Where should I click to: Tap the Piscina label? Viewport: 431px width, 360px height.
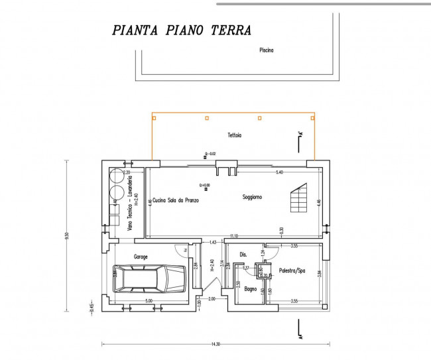267,50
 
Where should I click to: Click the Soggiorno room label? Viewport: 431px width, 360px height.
252,197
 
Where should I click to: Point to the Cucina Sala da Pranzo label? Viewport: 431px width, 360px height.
176,200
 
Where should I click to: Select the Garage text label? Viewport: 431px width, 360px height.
141,257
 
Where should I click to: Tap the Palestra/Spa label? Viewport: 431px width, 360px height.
292,270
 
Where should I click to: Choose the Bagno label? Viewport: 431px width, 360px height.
250,289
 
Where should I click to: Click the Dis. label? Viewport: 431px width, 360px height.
243,254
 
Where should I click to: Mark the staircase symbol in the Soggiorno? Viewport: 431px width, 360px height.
298,196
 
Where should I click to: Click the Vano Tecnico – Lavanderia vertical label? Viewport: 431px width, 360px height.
131,203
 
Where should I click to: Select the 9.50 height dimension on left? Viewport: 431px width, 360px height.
66,235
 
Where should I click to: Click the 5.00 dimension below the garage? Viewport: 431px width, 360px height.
149,300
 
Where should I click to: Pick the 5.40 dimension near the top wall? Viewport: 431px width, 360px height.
279,172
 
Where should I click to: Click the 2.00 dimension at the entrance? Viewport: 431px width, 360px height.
211,299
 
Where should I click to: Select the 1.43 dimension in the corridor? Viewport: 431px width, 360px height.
212,243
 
